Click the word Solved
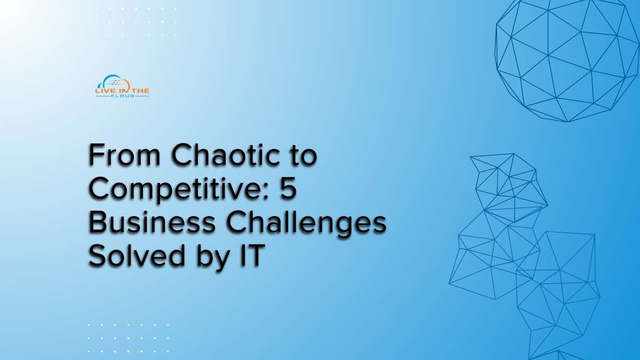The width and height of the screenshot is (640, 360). point(137,255)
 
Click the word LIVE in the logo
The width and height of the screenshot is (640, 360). point(104,91)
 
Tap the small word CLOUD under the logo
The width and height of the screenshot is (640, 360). point(123,96)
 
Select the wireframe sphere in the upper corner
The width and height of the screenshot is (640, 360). point(567,59)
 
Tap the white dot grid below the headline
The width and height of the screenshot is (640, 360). point(129,338)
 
